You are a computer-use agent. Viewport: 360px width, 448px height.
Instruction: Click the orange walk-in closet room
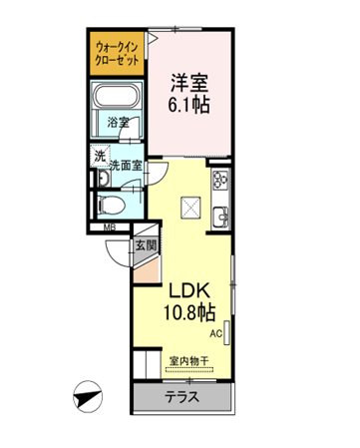point(116,53)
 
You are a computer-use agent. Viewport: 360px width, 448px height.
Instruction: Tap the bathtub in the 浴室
point(116,96)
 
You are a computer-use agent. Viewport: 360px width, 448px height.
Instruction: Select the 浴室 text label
point(118,123)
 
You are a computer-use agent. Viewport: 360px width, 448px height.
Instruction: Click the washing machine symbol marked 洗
point(100,156)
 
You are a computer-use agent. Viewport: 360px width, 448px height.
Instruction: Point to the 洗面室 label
point(126,166)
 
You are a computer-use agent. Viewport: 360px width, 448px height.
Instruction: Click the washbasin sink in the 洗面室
point(104,179)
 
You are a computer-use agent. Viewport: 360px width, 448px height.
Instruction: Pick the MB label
point(110,227)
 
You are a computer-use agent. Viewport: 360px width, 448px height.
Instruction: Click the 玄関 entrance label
point(146,245)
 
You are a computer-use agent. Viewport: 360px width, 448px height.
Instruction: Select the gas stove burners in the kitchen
point(221,180)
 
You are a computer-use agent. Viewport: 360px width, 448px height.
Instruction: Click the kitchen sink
point(220,216)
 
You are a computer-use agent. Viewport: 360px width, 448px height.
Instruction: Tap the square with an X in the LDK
point(190,208)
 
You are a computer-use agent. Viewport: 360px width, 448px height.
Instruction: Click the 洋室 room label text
point(189,83)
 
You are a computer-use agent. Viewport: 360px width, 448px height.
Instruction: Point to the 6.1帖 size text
point(188,105)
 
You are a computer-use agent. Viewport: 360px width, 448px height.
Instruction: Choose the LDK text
point(189,290)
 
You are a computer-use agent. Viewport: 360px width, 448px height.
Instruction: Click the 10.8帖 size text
point(189,312)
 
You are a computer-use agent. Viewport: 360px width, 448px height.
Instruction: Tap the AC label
point(215,334)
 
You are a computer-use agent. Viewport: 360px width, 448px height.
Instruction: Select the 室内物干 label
point(189,361)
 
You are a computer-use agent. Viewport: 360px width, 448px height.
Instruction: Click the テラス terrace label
point(182,397)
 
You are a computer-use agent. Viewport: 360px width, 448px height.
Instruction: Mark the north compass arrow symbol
point(88,397)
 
